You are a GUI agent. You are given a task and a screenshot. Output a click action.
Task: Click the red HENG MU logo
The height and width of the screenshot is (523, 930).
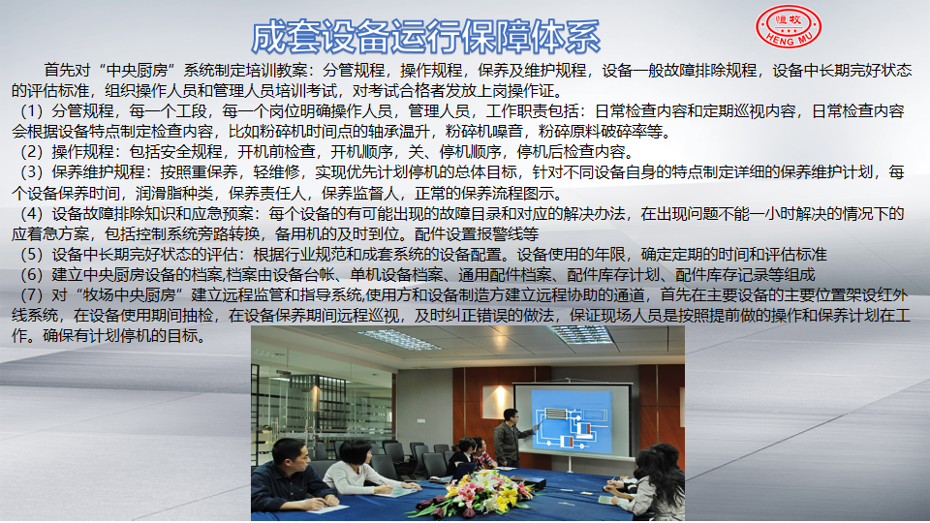[x=789, y=27]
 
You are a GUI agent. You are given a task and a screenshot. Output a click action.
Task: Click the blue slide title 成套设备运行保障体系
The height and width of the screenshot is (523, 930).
[x=426, y=37]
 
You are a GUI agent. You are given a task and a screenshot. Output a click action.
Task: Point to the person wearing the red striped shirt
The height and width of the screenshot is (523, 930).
[x=482, y=454]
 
